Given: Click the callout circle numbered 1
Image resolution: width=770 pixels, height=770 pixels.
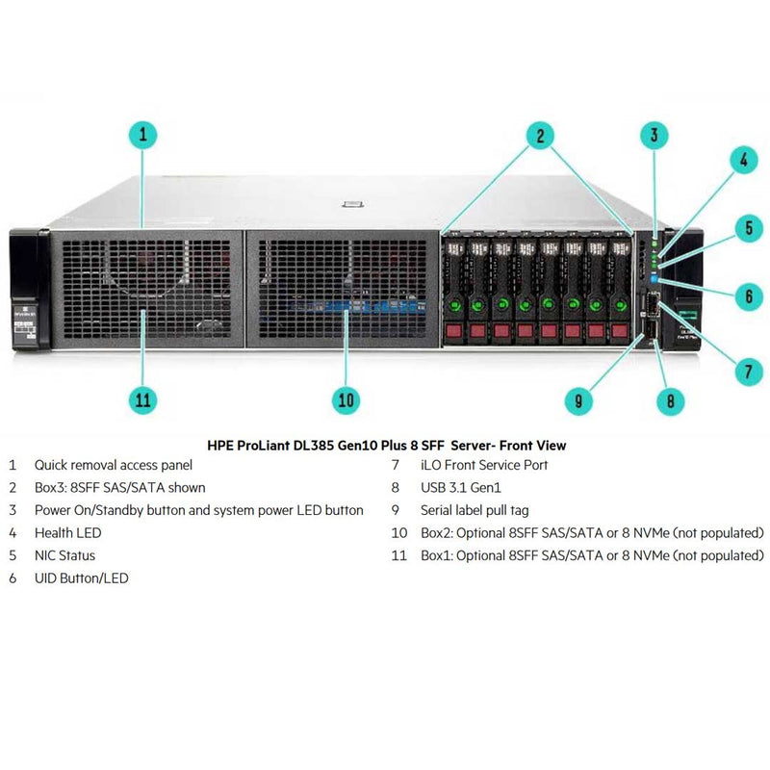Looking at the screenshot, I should tap(142, 136).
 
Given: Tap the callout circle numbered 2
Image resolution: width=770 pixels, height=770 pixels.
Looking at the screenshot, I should tap(540, 136).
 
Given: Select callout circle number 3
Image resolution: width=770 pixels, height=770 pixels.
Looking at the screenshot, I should tap(654, 136).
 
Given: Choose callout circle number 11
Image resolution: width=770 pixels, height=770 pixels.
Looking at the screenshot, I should tap(143, 399).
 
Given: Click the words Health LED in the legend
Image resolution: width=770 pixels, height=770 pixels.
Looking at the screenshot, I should tap(67, 532).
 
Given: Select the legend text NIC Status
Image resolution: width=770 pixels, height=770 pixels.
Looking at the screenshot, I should tap(64, 555).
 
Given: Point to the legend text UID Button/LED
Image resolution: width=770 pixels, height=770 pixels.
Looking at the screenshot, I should tap(81, 578).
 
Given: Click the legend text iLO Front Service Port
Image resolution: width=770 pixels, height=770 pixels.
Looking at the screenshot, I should tap(484, 465).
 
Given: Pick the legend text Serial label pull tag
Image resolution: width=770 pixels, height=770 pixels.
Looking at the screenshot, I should tap(475, 510).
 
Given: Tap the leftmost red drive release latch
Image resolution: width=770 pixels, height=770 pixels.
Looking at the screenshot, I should tap(452, 331).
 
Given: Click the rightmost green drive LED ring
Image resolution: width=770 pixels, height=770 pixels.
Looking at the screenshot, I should tap(621, 305).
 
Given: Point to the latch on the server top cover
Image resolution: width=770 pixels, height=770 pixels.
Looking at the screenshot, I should tap(350, 203).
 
